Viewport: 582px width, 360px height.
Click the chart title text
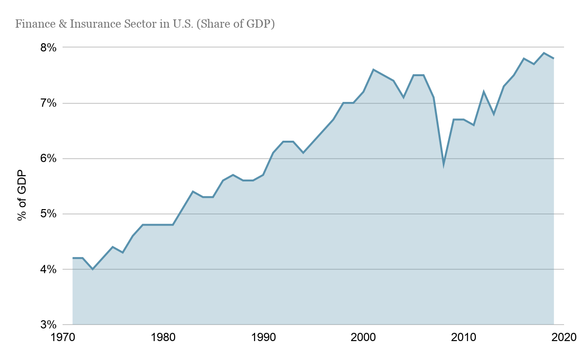coord(145,24)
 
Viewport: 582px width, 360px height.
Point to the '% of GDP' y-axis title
coord(21,196)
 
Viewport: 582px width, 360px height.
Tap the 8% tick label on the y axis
coord(48,48)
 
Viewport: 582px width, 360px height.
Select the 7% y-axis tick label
coord(48,103)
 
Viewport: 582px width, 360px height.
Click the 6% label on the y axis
coord(48,159)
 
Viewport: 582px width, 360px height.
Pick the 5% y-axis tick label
coord(48,214)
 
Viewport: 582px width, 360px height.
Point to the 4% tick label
coord(48,269)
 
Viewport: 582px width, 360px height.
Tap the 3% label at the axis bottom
coord(48,325)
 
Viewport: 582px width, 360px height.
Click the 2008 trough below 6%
coord(443,164)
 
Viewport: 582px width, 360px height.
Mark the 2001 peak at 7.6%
coord(373,70)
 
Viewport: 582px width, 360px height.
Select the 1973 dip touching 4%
coord(93,269)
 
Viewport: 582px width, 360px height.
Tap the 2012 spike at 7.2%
coord(484,92)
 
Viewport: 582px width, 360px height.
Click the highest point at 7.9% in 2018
coord(544,53)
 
